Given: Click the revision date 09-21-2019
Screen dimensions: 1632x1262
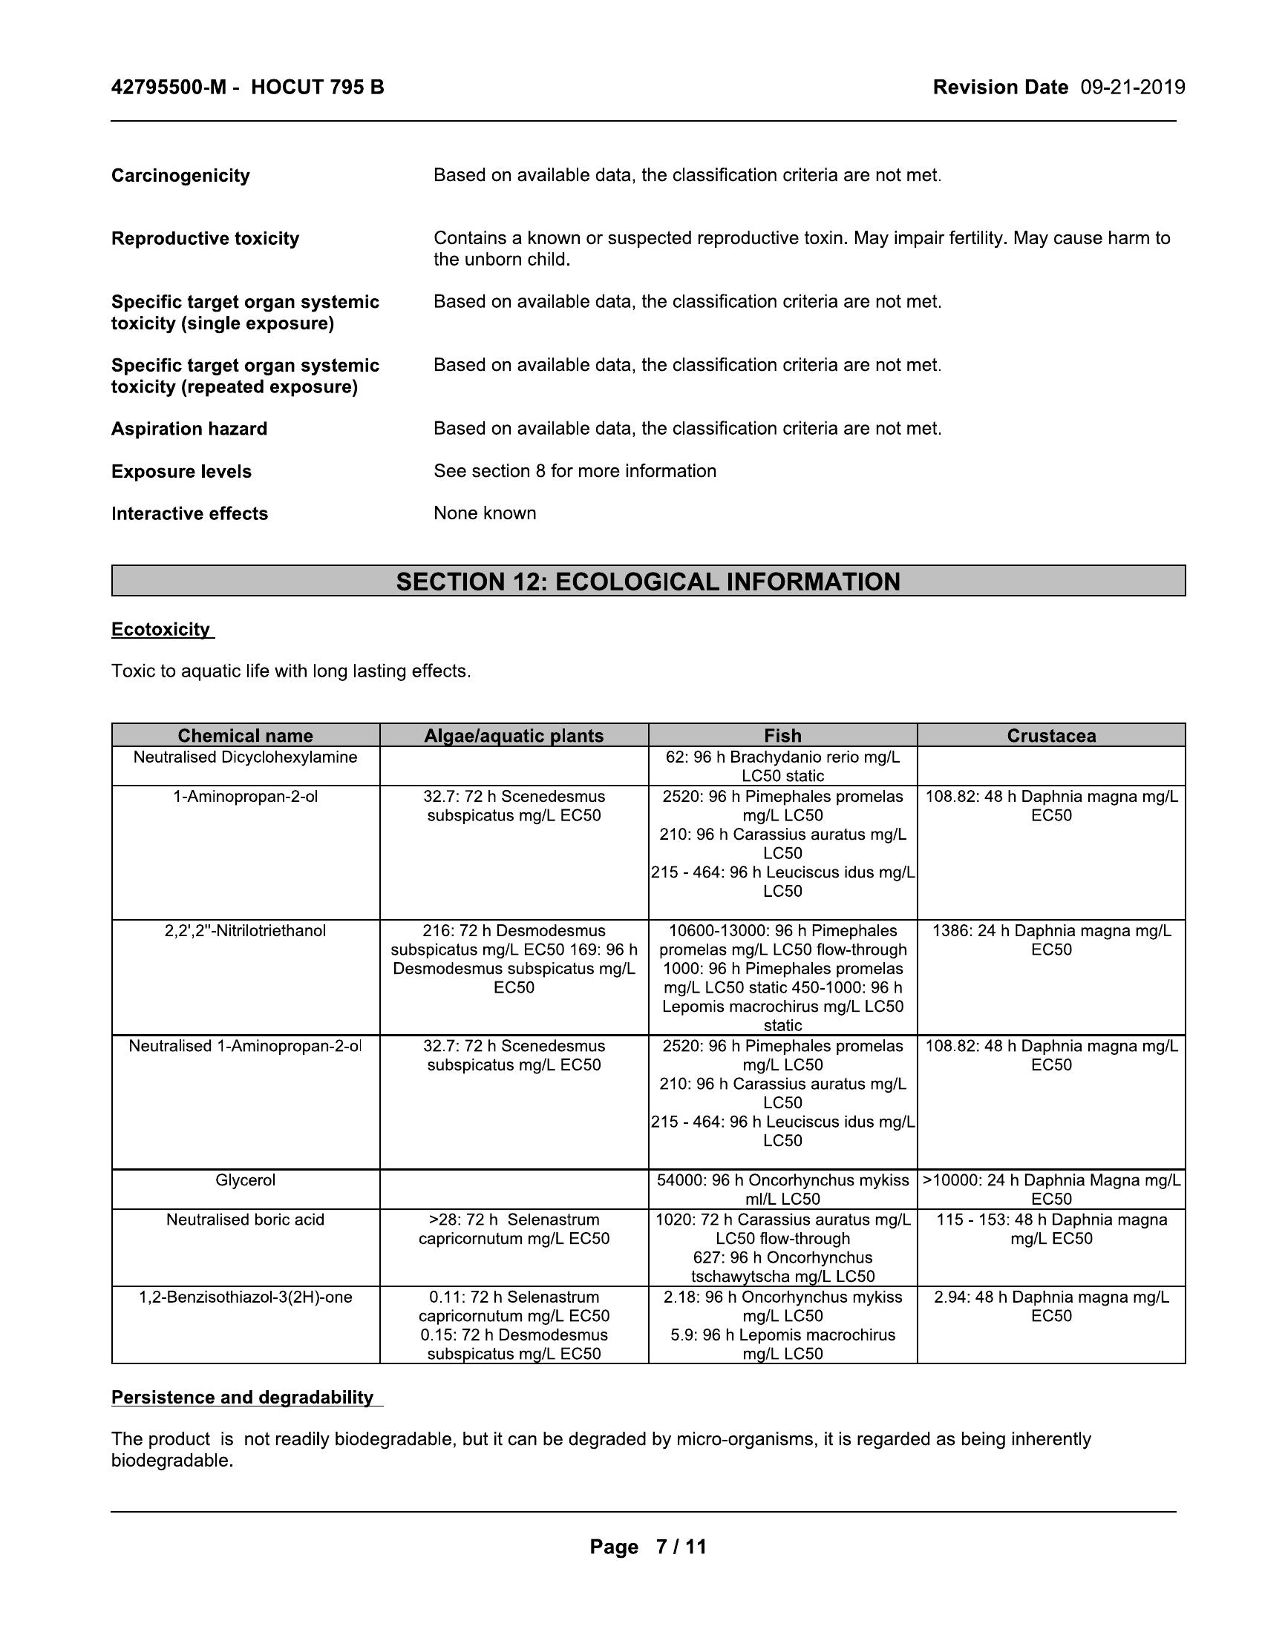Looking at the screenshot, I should [x=1132, y=88].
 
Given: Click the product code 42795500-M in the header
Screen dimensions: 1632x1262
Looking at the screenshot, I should [x=169, y=88].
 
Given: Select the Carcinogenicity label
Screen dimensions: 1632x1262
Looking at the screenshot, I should [x=180, y=176].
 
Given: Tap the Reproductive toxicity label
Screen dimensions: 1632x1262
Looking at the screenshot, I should [x=205, y=238].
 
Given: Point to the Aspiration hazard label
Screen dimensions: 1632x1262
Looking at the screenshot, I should [x=189, y=429].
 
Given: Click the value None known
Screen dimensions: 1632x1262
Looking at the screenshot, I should [x=485, y=513].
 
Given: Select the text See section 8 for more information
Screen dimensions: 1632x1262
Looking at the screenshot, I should [x=574, y=471].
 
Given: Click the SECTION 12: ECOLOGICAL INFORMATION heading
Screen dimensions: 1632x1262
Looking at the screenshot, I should [x=647, y=582].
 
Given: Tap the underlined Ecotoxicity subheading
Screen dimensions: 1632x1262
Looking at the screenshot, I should [x=161, y=629].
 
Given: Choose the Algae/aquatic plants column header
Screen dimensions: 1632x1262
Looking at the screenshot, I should [x=514, y=735].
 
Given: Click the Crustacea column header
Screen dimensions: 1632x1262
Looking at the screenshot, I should [x=1050, y=735].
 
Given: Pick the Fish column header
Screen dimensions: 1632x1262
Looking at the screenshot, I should [x=782, y=735].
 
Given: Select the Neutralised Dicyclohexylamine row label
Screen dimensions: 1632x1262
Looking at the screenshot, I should [x=245, y=757].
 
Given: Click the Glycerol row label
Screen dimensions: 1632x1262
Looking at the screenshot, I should [x=245, y=1180].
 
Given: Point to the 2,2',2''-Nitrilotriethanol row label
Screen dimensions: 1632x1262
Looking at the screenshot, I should [x=245, y=930].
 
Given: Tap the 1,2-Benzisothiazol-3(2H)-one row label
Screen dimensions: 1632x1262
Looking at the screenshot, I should [x=245, y=1297].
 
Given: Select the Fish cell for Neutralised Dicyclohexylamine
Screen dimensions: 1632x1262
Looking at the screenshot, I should [x=782, y=766].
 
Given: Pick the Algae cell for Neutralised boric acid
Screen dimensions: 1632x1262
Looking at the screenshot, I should [x=514, y=1228].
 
